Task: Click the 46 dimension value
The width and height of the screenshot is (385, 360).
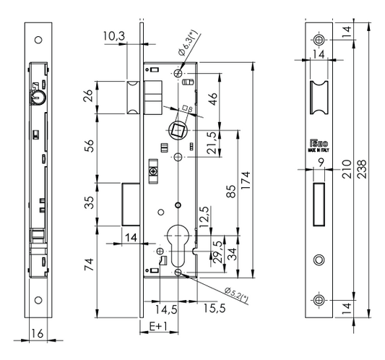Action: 212,100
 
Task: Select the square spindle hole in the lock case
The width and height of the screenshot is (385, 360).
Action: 176,131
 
